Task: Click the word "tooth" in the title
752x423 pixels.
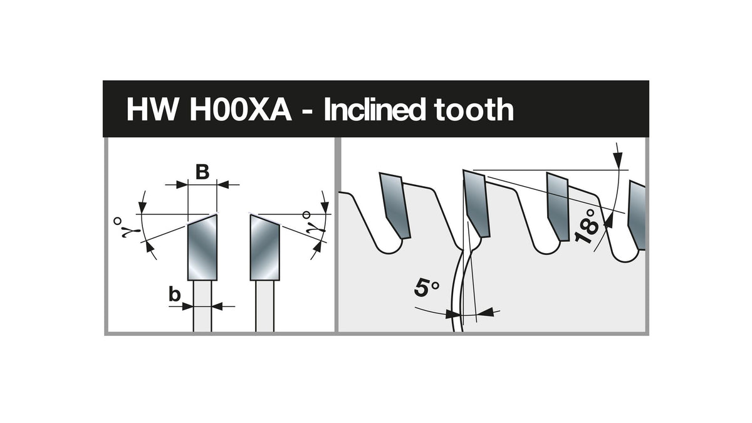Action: (474, 109)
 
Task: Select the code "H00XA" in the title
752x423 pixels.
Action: (241, 110)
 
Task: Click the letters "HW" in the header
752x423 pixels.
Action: (152, 110)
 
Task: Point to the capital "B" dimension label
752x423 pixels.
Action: (202, 172)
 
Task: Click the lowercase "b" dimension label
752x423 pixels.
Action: (175, 295)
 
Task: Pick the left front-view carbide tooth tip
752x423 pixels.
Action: (202, 248)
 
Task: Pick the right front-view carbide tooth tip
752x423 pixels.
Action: (265, 248)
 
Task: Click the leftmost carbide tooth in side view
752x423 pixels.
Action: (395, 206)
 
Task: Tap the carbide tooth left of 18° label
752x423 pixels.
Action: (558, 207)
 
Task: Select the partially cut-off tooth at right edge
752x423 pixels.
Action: (637, 215)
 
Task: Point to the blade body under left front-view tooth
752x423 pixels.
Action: (202, 306)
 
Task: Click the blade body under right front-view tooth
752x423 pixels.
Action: (265, 306)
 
